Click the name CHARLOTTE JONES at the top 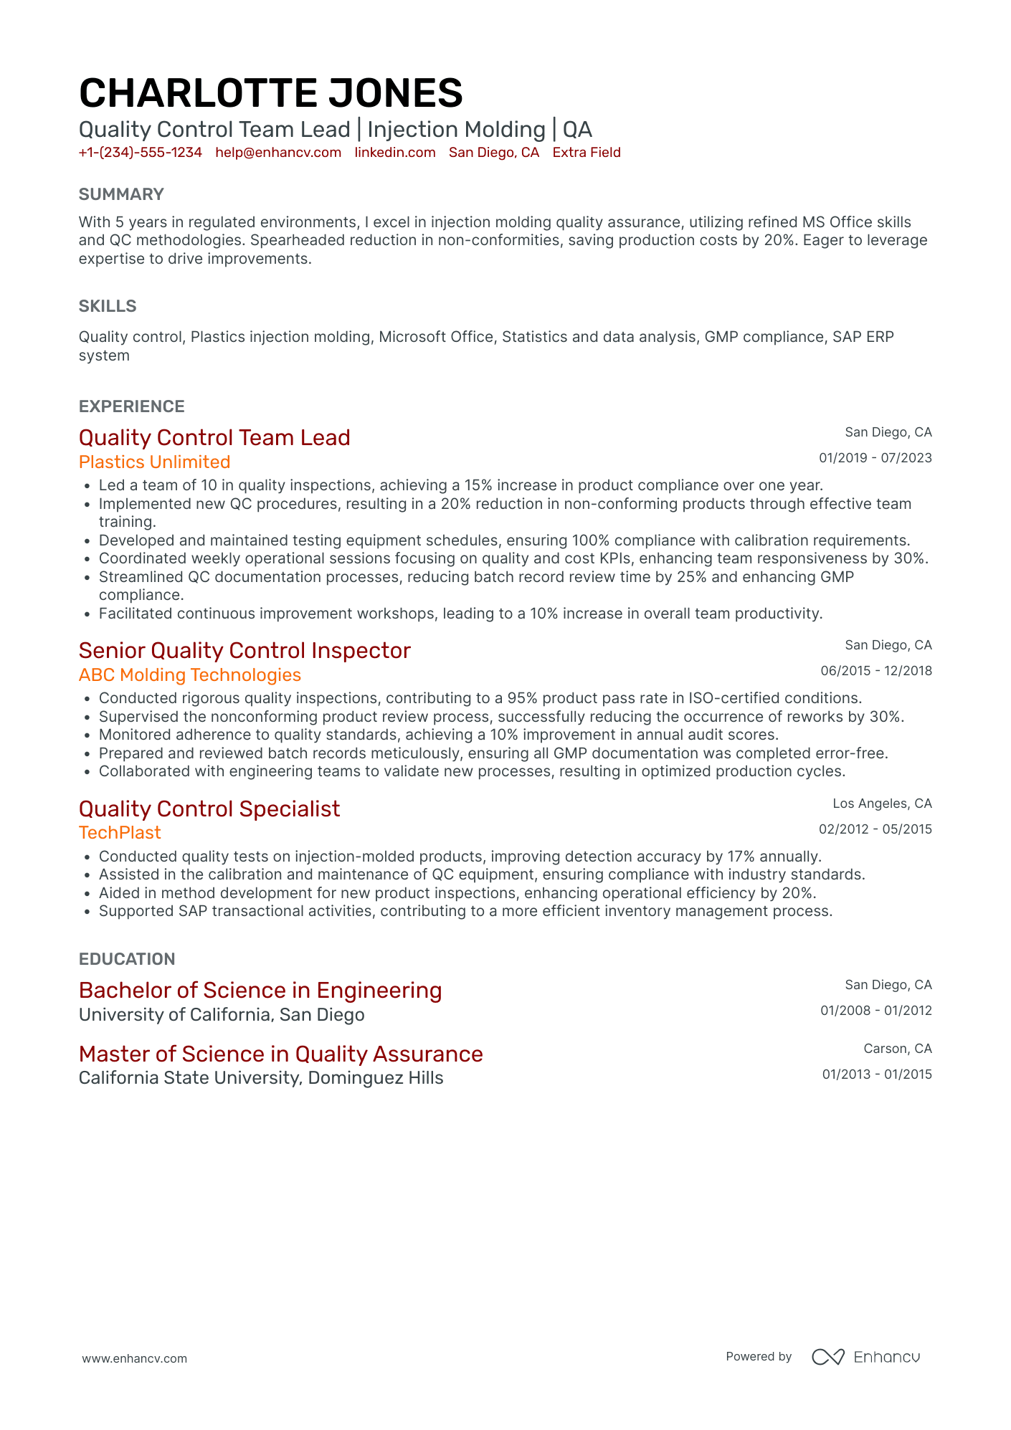point(270,93)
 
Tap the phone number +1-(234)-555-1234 point(141,153)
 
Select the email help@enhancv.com point(278,153)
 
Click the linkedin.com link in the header point(395,153)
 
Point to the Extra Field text point(586,153)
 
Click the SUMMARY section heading point(121,194)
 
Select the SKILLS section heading point(108,306)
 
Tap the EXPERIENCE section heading point(131,406)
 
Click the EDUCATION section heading point(127,959)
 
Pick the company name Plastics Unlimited point(154,462)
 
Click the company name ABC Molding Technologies point(189,675)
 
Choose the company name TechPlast point(120,833)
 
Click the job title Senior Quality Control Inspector point(245,651)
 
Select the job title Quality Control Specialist point(209,809)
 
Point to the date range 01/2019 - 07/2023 point(875,458)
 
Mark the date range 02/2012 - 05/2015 point(875,829)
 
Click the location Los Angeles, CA point(882,804)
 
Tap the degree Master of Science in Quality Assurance point(280,1054)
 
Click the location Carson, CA point(897,1049)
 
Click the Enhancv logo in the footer point(865,1357)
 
